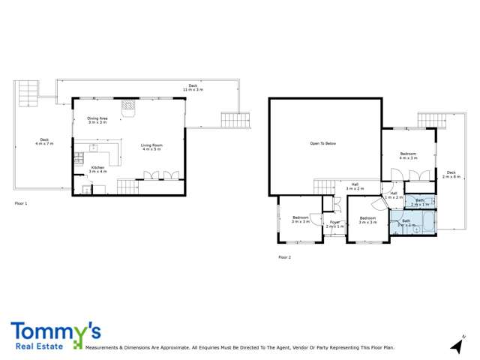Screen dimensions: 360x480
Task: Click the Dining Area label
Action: pyautogui.click(x=98, y=119)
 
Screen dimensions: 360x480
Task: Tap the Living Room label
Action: pyautogui.click(x=152, y=147)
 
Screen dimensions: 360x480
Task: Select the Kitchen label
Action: pyautogui.click(x=98, y=169)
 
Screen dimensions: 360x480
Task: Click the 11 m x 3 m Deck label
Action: pyautogui.click(x=193, y=88)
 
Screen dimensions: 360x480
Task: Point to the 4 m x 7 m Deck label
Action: pyautogui.click(x=45, y=141)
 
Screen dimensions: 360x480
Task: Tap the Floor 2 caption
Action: pyautogui.click(x=284, y=257)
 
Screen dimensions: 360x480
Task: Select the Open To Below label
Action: pyautogui.click(x=323, y=143)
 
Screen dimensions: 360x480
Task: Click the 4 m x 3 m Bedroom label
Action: pyautogui.click(x=408, y=156)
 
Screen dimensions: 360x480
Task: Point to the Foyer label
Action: pyautogui.click(x=334, y=223)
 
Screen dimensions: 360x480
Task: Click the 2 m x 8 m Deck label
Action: pyautogui.click(x=450, y=175)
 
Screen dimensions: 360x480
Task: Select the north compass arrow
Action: pyautogui.click(x=457, y=344)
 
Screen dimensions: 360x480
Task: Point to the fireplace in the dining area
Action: pyautogui.click(x=128, y=106)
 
